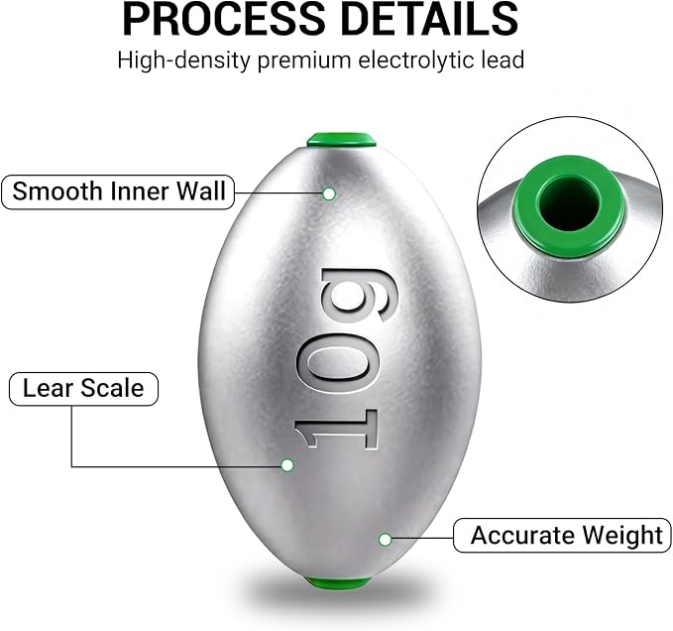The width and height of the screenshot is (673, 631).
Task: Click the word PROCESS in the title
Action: pos(223,19)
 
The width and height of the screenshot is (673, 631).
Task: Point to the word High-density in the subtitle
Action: pos(183,60)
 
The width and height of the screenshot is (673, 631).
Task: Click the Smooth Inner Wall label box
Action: pos(118,191)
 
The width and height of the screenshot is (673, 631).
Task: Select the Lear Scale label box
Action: pos(83,389)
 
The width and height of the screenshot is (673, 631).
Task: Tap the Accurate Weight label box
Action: pos(562,535)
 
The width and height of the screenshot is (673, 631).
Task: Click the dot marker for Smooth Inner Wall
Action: pos(329,193)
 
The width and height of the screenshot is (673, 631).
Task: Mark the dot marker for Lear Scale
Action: pos(287,464)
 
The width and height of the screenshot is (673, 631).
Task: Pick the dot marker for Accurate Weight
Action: pos(385,539)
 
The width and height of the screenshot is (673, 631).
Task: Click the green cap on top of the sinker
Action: pos(341,140)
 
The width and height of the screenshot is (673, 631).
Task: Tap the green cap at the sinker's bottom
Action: pos(338,583)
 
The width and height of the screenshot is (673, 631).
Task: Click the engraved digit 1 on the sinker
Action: pos(336,430)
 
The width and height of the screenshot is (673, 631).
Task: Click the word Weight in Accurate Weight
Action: pos(621,536)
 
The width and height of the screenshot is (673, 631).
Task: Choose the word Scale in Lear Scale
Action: pos(112,388)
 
